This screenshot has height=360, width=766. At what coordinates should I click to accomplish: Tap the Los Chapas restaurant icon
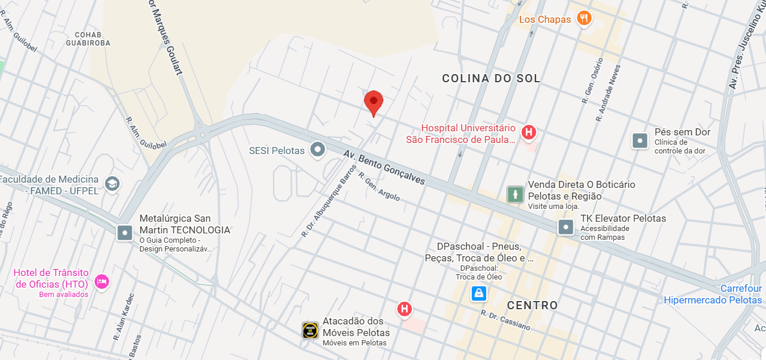pyautogui.click(x=584, y=19)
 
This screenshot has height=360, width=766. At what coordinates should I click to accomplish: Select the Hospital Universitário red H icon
pyautogui.click(x=529, y=132)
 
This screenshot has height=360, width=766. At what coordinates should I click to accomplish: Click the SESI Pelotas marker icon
pyautogui.click(x=317, y=151)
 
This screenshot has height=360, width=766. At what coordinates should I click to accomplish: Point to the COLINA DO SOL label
pyautogui.click(x=491, y=79)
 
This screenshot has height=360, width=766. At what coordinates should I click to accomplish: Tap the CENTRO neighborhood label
pyautogui.click(x=532, y=305)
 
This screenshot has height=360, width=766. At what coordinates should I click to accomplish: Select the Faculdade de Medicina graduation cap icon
pyautogui.click(x=112, y=184)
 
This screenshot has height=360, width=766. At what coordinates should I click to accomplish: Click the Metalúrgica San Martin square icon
pyautogui.click(x=125, y=233)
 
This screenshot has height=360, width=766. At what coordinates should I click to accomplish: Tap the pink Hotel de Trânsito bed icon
pyautogui.click(x=102, y=281)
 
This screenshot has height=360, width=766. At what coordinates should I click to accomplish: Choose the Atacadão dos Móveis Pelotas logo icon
pyautogui.click(x=310, y=330)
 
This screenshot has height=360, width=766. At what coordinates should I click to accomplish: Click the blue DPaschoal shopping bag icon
pyautogui.click(x=478, y=293)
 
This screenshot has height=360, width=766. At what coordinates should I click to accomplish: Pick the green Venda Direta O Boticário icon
pyautogui.click(x=515, y=194)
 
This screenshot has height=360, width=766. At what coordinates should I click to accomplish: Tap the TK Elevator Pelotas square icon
pyautogui.click(x=566, y=227)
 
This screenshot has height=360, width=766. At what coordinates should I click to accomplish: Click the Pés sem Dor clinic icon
pyautogui.click(x=640, y=140)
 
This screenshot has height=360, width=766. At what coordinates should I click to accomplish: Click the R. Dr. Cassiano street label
pyautogui.click(x=505, y=320)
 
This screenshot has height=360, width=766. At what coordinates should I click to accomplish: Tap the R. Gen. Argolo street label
pyautogui.click(x=379, y=187)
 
